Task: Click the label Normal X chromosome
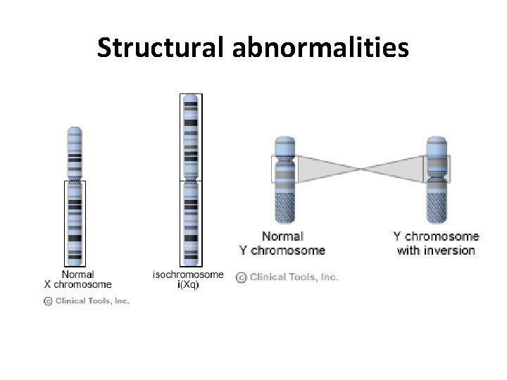click(x=77, y=279)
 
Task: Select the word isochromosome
click(x=188, y=274)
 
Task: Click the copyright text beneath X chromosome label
click(x=87, y=300)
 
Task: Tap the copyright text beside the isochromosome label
click(x=287, y=277)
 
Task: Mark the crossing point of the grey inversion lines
click(x=361, y=169)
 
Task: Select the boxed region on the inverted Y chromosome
click(x=436, y=169)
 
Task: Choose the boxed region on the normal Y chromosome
click(x=284, y=169)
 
